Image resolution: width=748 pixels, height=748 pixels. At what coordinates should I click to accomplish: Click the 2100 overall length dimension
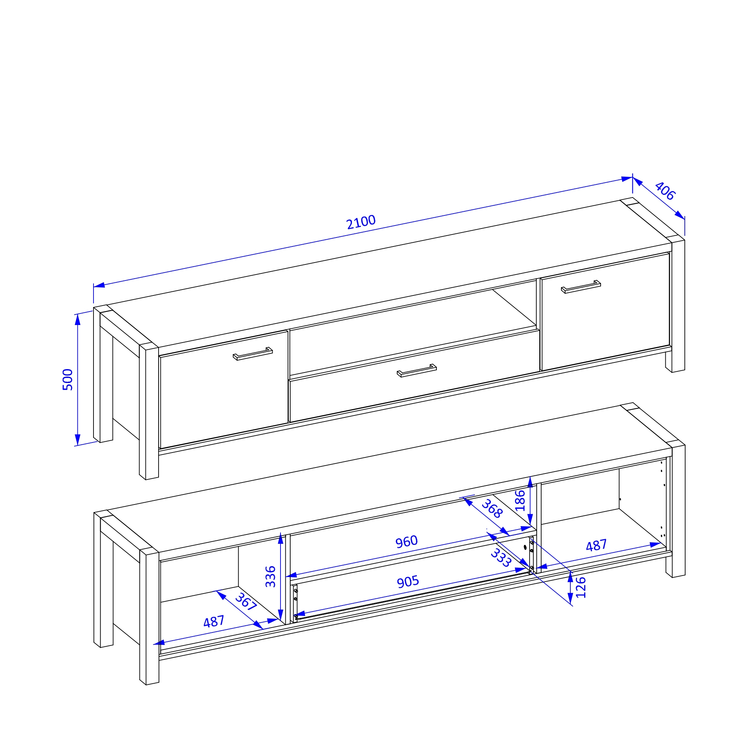361,222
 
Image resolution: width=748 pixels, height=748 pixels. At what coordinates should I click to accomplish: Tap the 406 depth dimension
665,191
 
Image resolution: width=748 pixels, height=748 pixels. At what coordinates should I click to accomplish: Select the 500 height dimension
68,380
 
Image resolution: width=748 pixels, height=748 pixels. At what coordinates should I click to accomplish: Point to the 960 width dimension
407,542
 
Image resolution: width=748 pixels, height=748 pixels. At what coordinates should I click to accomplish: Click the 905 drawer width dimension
408,582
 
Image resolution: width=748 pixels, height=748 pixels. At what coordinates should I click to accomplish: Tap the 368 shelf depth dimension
492,509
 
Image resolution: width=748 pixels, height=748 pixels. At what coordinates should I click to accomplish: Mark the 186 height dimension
520,501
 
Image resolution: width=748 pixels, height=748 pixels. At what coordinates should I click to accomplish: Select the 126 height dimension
581,588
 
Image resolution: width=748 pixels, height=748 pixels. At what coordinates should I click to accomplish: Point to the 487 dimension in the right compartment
596,546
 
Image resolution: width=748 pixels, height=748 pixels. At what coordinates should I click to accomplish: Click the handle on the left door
253,354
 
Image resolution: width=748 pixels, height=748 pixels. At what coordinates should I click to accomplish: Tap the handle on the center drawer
417,371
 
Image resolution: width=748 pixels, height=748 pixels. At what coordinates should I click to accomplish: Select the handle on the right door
581,287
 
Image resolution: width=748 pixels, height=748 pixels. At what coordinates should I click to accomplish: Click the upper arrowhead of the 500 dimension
77,320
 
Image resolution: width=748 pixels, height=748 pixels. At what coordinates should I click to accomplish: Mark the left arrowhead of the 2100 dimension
99,285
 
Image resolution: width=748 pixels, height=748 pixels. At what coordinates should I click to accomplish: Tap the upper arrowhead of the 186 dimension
530,482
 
